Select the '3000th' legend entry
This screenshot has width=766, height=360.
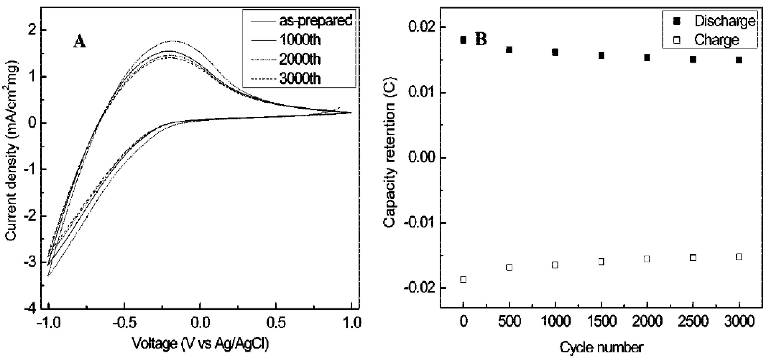click(300, 79)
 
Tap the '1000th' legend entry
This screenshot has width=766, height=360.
click(300, 40)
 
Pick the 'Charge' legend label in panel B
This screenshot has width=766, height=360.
click(716, 40)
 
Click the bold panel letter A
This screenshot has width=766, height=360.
click(79, 42)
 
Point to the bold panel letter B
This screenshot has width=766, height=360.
click(481, 40)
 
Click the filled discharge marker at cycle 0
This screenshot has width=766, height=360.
click(463, 40)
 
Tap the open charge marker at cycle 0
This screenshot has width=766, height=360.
click(463, 279)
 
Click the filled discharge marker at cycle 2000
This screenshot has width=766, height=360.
click(647, 58)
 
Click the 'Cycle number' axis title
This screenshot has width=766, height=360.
click(602, 347)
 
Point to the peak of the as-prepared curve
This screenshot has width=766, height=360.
click(172, 41)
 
